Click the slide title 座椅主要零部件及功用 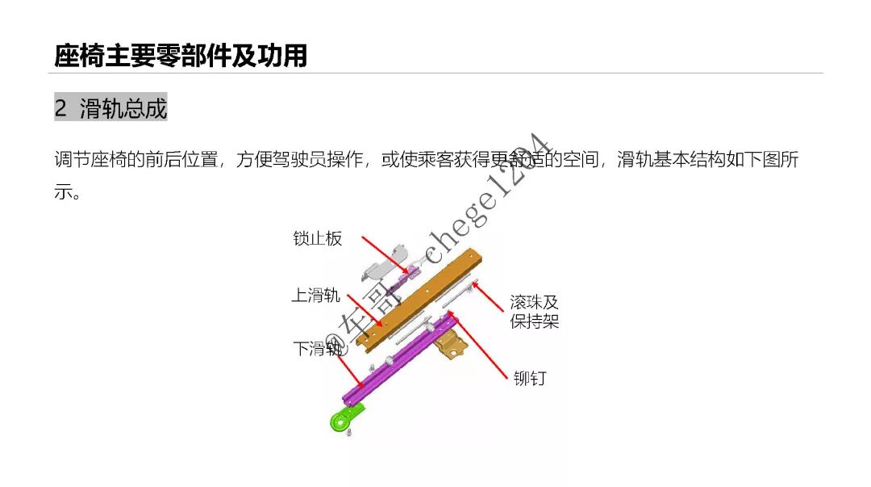(x=181, y=56)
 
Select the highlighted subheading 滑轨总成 (x=123, y=108)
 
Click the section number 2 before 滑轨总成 (x=61, y=108)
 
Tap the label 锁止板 (x=317, y=238)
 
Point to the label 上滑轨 (x=315, y=296)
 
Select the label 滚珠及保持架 (x=534, y=312)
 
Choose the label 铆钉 (x=529, y=379)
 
